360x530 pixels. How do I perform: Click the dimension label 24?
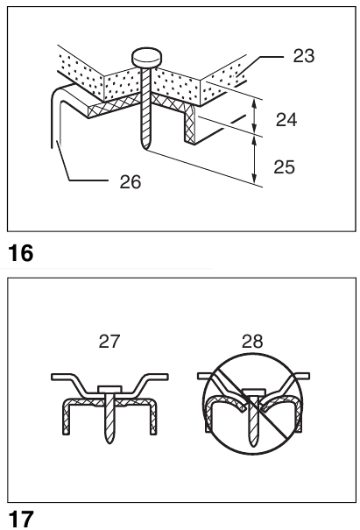pos(286,119)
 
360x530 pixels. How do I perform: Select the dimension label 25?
pos(284,166)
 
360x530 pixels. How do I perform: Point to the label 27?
pos(109,342)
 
